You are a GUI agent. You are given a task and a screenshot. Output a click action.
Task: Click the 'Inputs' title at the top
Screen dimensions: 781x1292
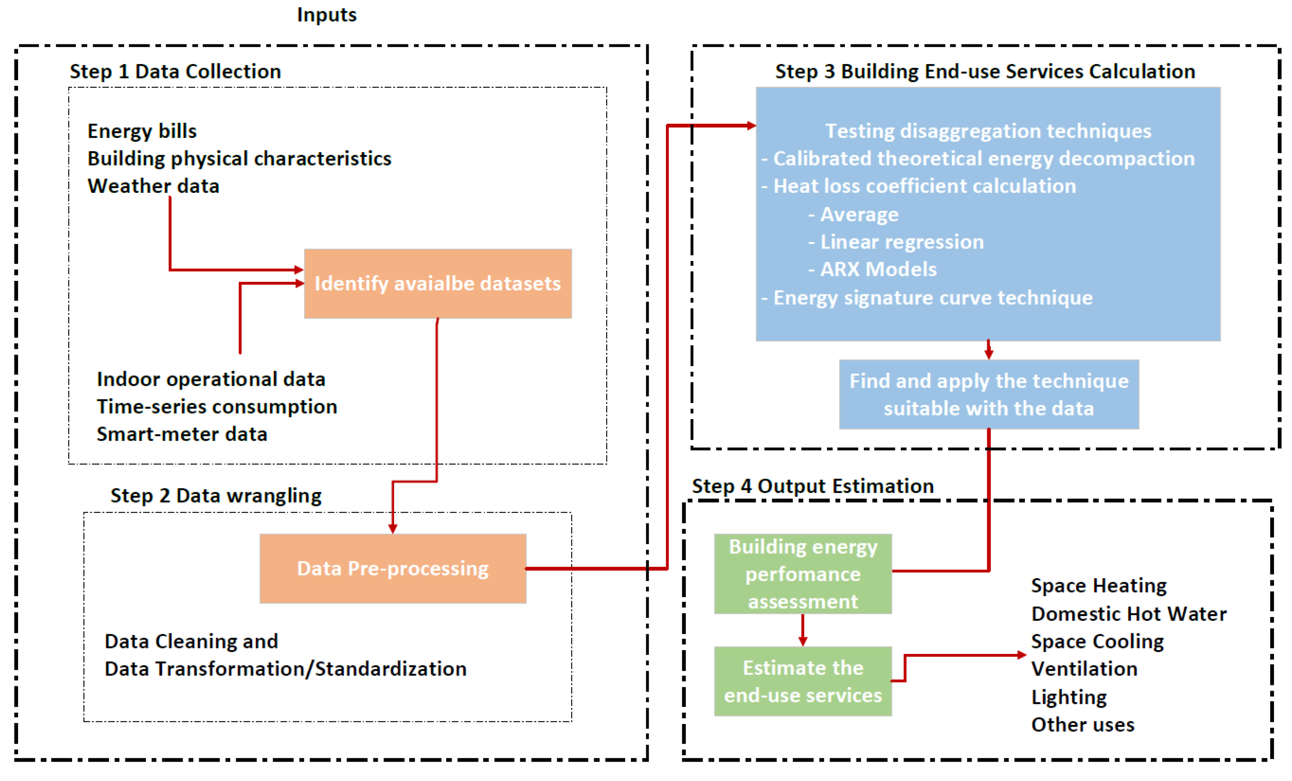click(327, 15)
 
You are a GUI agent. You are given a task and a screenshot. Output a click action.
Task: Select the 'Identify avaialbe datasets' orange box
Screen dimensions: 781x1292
click(438, 283)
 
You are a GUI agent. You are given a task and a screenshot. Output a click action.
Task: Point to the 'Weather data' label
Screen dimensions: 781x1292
click(153, 186)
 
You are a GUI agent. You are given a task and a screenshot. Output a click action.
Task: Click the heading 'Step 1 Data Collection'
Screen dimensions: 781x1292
click(175, 71)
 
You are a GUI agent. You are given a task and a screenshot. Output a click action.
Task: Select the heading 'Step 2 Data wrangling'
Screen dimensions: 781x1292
click(216, 496)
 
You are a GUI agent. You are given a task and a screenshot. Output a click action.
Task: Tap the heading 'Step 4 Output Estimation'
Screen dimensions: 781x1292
click(813, 486)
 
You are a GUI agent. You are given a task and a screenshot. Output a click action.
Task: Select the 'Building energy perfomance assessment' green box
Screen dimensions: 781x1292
click(803, 574)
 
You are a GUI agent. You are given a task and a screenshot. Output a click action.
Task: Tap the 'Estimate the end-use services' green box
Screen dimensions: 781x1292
click(803, 681)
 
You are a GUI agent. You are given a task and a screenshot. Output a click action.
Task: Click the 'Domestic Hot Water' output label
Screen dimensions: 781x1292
click(1128, 614)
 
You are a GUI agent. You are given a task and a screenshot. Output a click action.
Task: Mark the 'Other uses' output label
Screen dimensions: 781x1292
click(1082, 725)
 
